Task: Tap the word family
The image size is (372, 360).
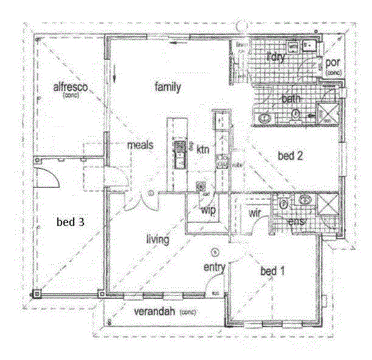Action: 168,87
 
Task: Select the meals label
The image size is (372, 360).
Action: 140,145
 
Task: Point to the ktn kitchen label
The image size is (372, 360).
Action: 202,150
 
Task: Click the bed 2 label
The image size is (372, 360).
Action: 289,155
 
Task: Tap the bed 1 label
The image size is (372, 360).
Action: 272,271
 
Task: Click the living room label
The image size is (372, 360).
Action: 158,240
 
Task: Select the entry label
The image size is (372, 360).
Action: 214,267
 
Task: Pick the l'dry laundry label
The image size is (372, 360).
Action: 275,57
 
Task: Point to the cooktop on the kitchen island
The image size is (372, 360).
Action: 180,148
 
